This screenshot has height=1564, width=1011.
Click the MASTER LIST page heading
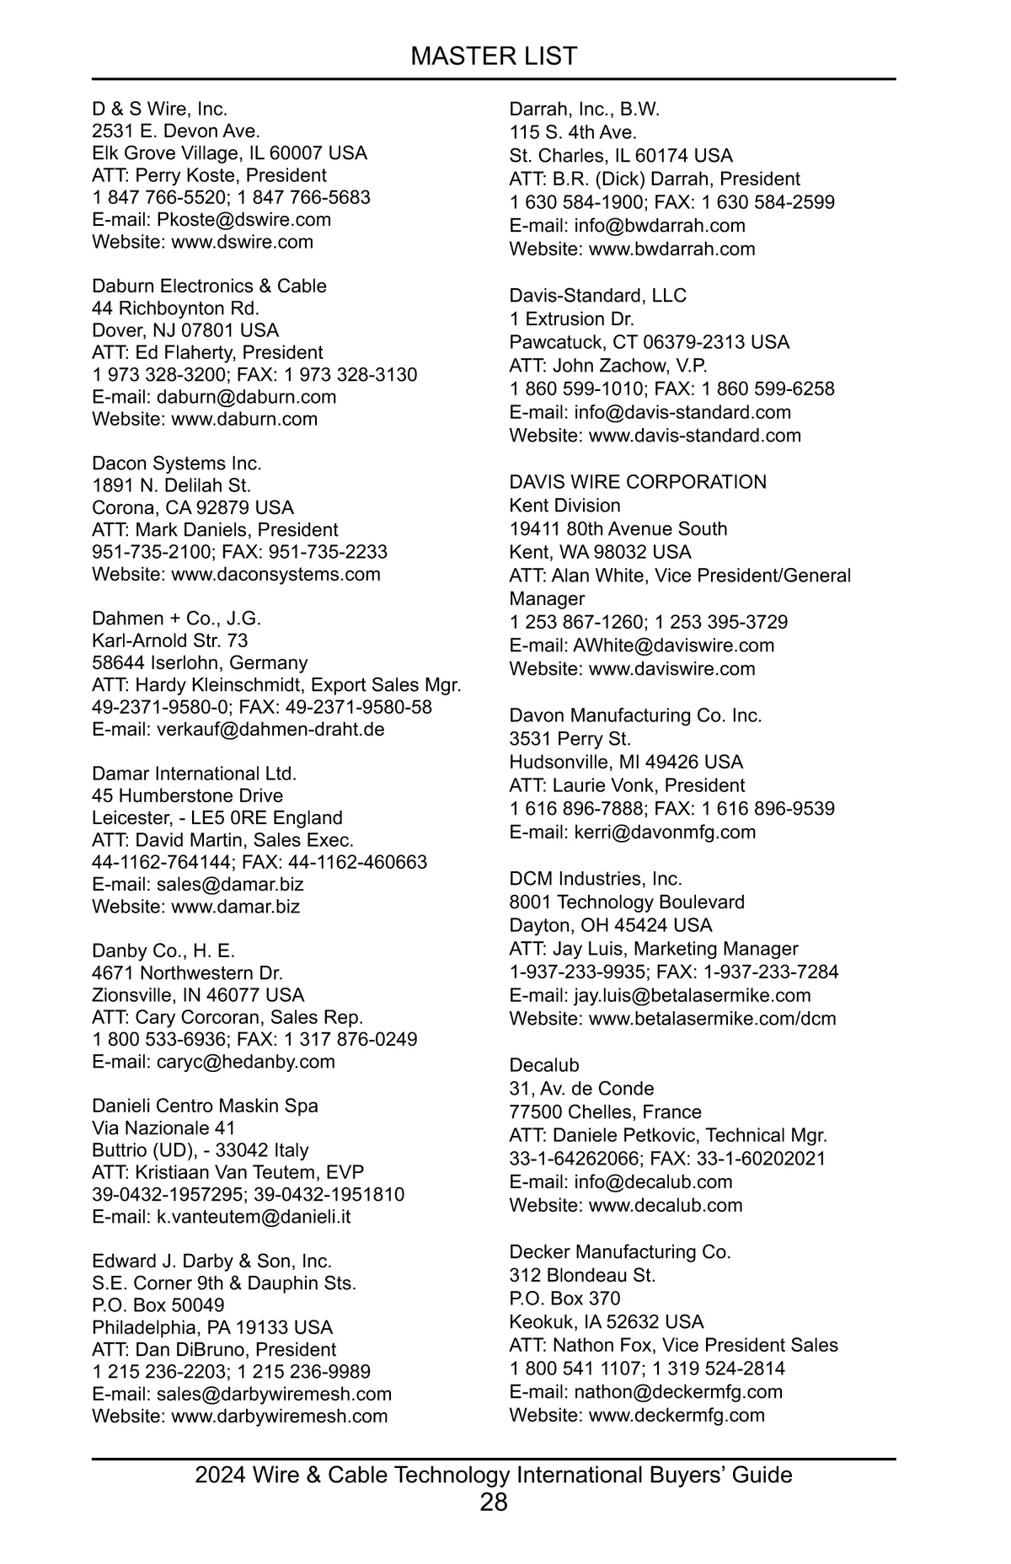(494, 56)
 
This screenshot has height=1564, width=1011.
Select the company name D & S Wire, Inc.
(160, 109)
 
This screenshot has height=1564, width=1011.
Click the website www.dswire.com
(242, 242)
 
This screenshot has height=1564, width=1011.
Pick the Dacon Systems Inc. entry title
(177, 463)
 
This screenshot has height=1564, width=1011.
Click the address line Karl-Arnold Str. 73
(170, 640)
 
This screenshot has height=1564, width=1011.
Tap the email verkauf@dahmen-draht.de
(270, 729)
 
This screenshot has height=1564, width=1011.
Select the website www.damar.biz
(235, 907)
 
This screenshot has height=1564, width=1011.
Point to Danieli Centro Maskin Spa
(205, 1106)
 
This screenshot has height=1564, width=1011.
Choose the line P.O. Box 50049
(158, 1305)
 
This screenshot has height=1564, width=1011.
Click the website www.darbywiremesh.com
(280, 1416)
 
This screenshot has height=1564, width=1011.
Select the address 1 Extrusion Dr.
(572, 319)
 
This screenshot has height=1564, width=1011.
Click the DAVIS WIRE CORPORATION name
(638, 482)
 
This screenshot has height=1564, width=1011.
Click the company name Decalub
(544, 1065)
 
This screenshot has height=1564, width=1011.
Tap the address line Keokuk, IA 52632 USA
(607, 1321)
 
